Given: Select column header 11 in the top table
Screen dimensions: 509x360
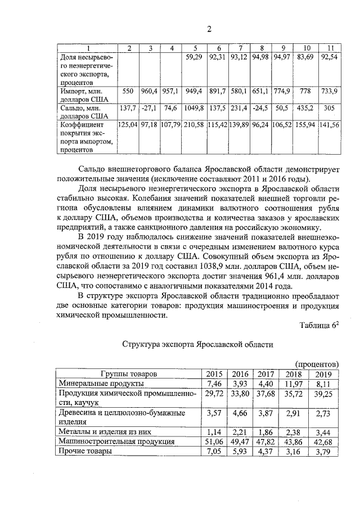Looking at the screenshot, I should click(331, 47).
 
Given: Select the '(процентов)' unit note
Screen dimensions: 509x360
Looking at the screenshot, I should click(316, 364).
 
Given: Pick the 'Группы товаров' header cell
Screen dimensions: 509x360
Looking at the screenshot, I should click(129, 374).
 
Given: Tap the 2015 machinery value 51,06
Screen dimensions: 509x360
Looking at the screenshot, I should click(215, 442).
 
